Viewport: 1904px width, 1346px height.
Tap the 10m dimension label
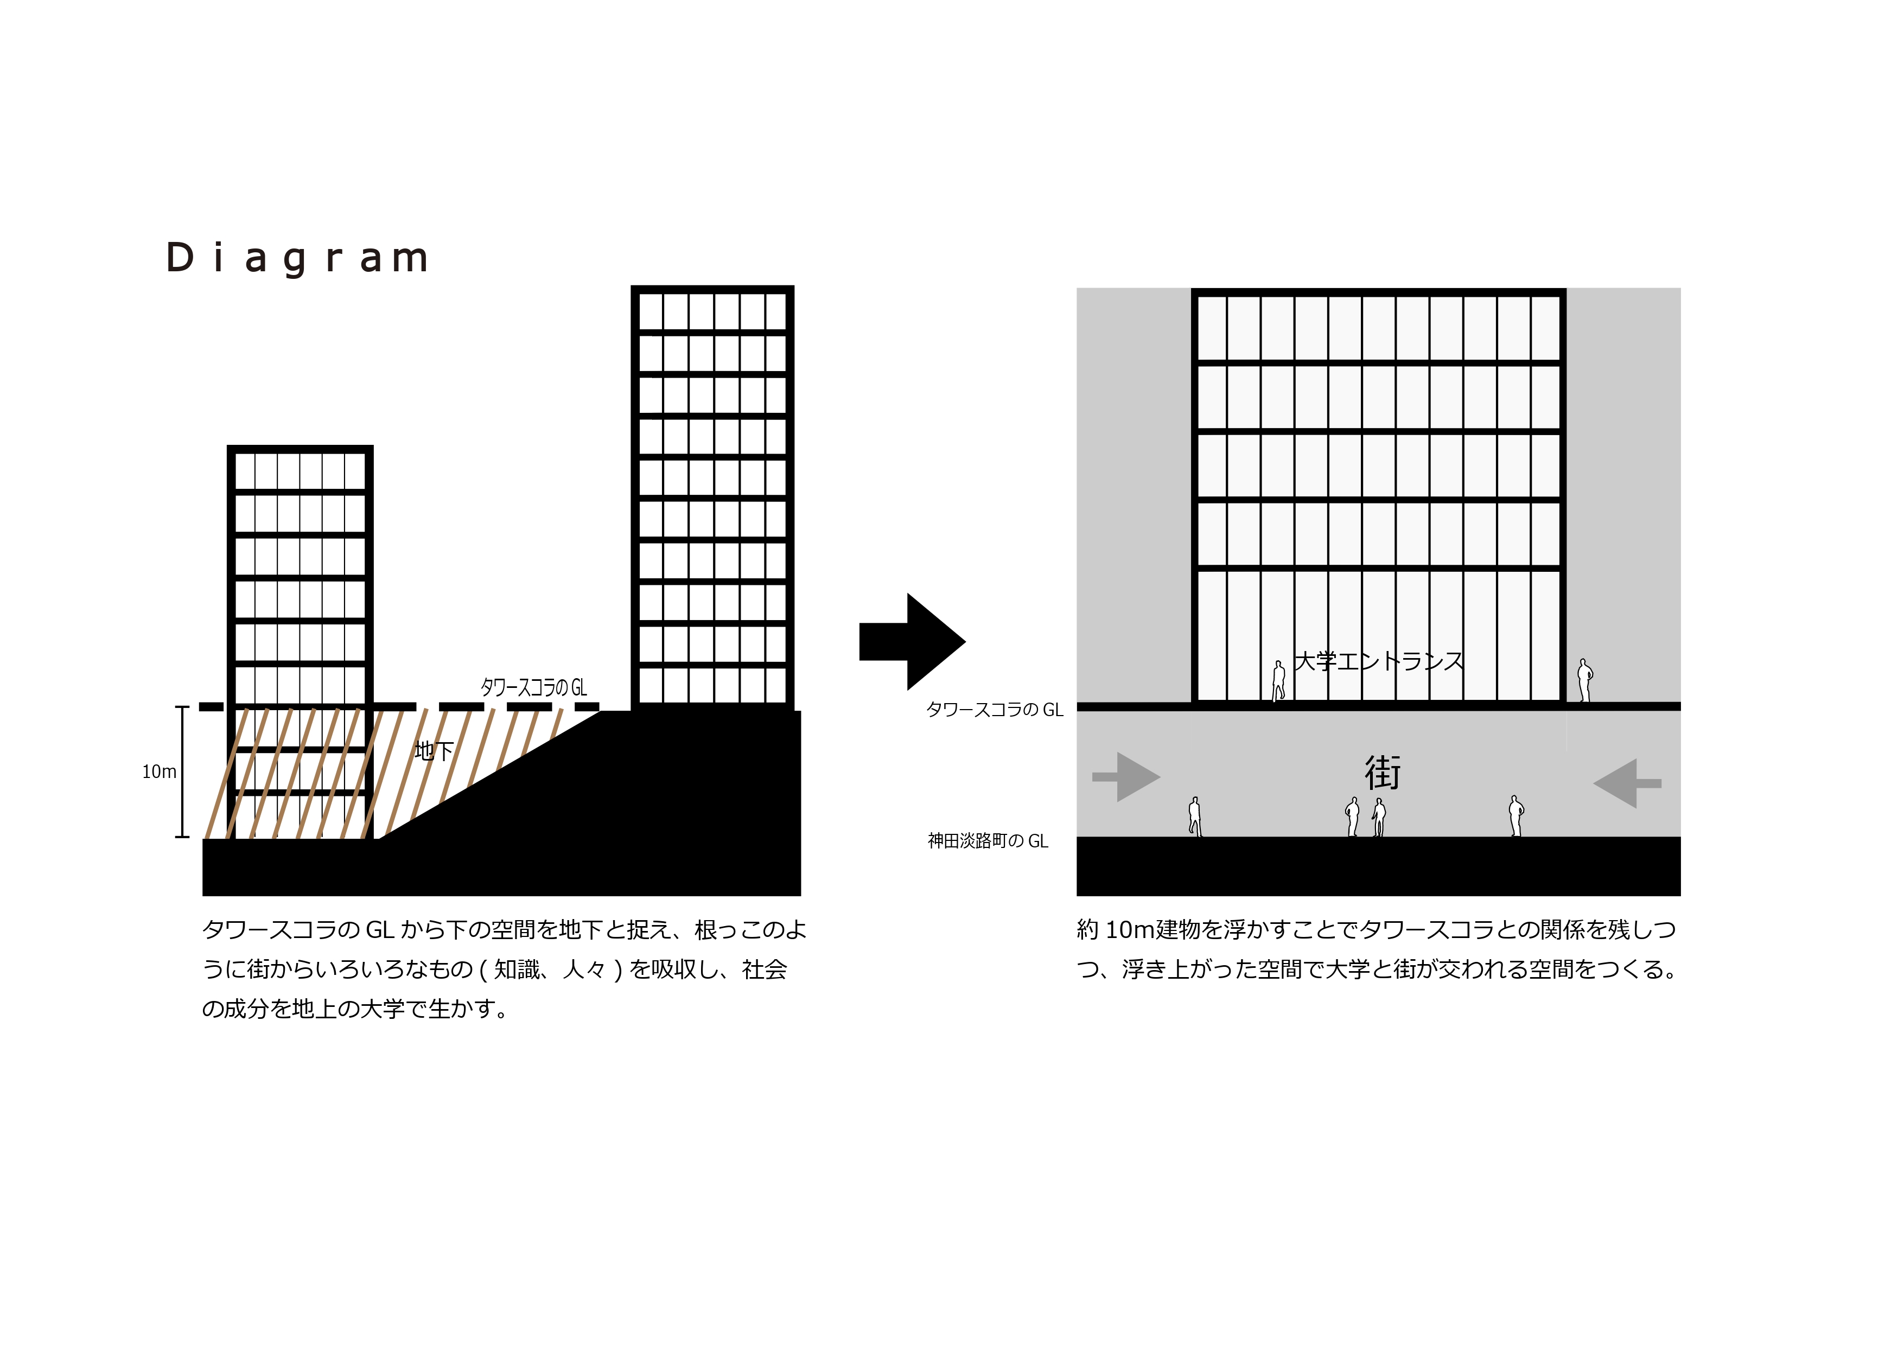[159, 772]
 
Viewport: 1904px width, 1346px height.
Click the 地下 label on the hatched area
[434, 751]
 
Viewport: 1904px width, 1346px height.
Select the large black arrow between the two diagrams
[912, 641]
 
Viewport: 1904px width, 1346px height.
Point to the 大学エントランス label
[1379, 661]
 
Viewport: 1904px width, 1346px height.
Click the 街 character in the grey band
[1383, 773]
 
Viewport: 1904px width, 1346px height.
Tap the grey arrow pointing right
[1126, 777]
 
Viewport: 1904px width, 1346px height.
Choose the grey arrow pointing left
[1627, 783]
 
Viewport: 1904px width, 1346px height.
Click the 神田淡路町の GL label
[988, 841]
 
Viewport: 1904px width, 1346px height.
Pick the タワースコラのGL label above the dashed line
[534, 687]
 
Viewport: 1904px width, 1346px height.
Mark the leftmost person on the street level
[1195, 817]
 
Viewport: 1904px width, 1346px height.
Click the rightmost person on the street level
[1516, 816]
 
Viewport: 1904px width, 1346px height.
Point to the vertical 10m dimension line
[182, 772]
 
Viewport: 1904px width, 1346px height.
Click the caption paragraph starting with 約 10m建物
[1378, 949]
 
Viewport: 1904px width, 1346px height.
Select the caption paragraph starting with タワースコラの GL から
[504, 969]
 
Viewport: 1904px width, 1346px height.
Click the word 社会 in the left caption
[765, 969]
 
